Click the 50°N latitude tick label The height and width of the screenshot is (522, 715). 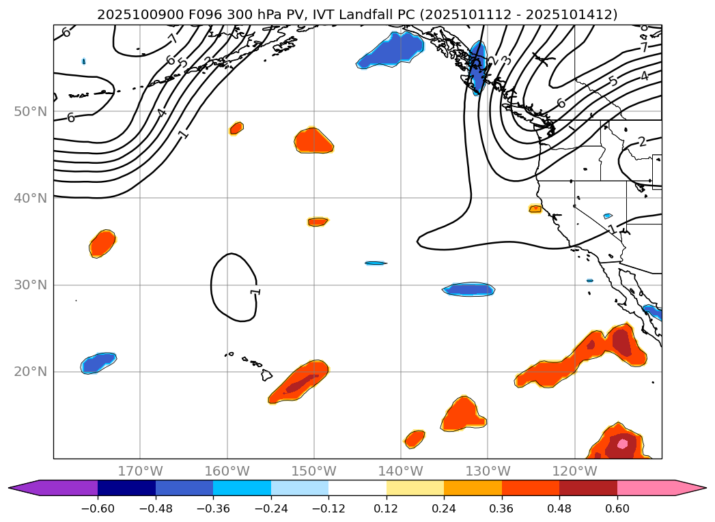pos(30,111)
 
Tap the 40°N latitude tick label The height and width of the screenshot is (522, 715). pos(30,198)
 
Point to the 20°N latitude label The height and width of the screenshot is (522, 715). pos(30,371)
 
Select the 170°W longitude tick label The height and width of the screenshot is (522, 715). pos(140,471)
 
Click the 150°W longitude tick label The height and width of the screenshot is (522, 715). pos(314,471)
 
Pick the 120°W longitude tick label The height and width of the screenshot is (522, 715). pos(574,471)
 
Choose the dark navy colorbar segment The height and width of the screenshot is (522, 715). pos(126,487)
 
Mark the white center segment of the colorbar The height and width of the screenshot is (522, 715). pos(357,487)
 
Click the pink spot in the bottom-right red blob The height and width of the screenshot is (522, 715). pos(622,444)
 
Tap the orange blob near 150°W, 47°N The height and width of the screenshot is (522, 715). pos(313,141)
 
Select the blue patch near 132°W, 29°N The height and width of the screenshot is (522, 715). pos(468,289)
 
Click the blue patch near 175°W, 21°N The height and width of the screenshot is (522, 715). pos(98,362)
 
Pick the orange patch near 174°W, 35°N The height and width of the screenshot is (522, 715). pos(102,243)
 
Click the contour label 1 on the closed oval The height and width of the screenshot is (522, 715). pos(255,291)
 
